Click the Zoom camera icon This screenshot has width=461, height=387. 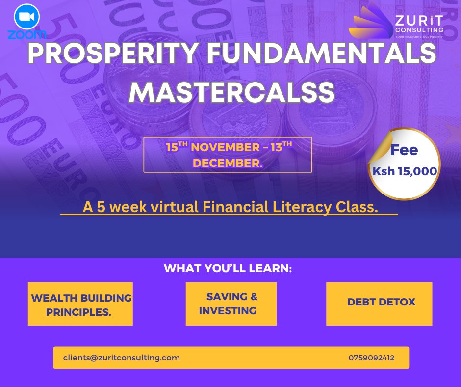pyautogui.click(x=26, y=18)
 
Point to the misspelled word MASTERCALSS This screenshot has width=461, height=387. pyautogui.click(x=230, y=92)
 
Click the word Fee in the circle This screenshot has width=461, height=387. pyautogui.click(x=404, y=150)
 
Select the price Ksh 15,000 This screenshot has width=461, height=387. pyautogui.click(x=404, y=171)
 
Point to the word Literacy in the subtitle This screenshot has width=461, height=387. pyautogui.click(x=293, y=207)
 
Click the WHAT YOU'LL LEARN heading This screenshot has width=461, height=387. pyautogui.click(x=228, y=269)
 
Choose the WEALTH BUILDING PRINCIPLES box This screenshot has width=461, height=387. pyautogui.click(x=80, y=304)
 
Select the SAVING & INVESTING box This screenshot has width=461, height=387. pyautogui.click(x=231, y=304)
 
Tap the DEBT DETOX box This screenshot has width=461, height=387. pyautogui.click(x=379, y=304)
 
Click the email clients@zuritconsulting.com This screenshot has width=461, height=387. pyautogui.click(x=122, y=358)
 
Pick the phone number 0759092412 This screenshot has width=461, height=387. pyautogui.click(x=371, y=358)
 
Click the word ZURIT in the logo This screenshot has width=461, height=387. pyautogui.click(x=419, y=21)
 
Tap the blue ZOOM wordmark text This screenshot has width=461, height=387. pyautogui.click(x=27, y=34)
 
